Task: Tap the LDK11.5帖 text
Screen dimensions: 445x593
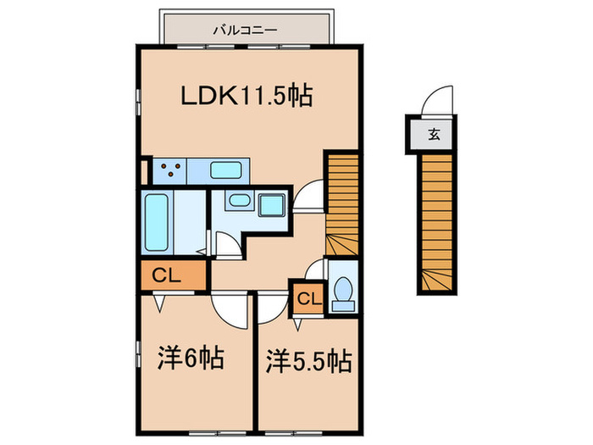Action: (x=247, y=95)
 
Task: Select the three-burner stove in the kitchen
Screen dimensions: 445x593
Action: (x=169, y=170)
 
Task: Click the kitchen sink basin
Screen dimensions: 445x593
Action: (x=226, y=169)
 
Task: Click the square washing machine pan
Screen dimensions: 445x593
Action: (x=272, y=205)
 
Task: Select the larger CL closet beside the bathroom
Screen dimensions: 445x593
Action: (x=172, y=275)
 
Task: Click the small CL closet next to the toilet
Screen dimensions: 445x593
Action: (x=308, y=299)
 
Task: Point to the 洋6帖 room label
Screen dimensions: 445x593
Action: (x=190, y=359)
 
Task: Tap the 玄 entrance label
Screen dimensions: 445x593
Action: (x=434, y=133)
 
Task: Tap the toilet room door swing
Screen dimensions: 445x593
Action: (x=315, y=270)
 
